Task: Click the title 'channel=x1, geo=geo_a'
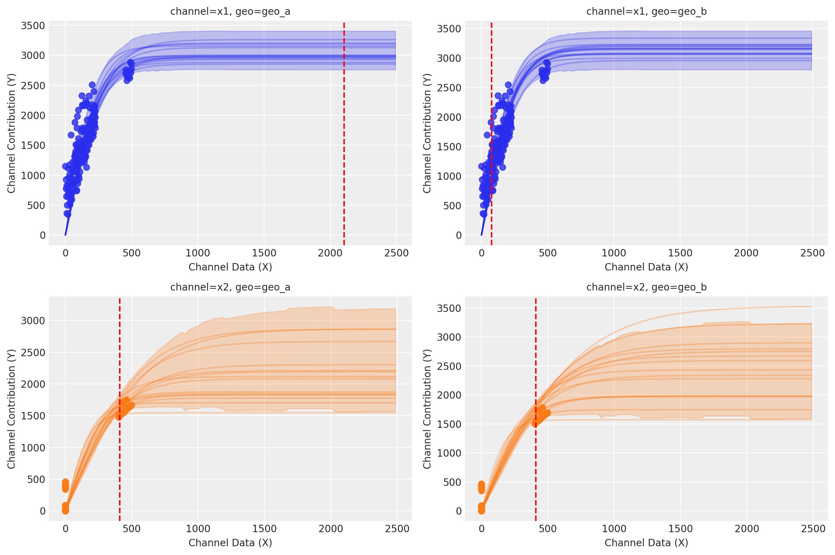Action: pyautogui.click(x=230, y=12)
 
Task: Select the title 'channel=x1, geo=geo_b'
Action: pyautogui.click(x=646, y=12)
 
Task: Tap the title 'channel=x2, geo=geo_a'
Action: pyautogui.click(x=230, y=287)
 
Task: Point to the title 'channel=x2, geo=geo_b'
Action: pyautogui.click(x=646, y=287)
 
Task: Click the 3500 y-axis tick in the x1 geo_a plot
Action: pyautogui.click(x=33, y=26)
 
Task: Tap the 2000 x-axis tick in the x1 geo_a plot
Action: pyautogui.click(x=330, y=253)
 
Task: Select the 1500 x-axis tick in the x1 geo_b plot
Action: pyautogui.click(x=680, y=253)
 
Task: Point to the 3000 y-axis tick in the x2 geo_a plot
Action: pyautogui.click(x=33, y=321)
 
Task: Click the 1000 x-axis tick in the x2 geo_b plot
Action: pyautogui.click(x=614, y=529)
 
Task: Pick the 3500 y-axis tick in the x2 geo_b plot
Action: pyautogui.click(x=449, y=308)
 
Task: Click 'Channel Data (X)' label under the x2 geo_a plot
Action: pyautogui.click(x=230, y=543)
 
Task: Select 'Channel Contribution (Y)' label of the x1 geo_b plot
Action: pyautogui.click(x=427, y=133)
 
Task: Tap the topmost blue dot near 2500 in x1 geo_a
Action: pyautogui.click(x=92, y=85)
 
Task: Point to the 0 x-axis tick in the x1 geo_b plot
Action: pyautogui.click(x=481, y=253)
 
